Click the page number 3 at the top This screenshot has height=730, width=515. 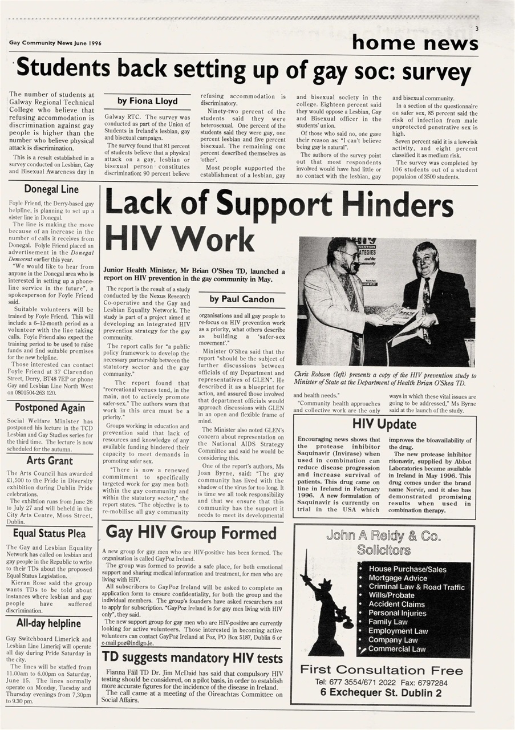pos(476,29)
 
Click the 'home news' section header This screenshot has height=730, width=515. pos(415,42)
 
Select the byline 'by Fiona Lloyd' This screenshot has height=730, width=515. pos(147,101)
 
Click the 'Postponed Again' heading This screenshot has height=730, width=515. pos(50,407)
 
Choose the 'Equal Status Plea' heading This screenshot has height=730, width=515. pos(50,534)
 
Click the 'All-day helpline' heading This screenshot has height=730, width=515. pos(50,623)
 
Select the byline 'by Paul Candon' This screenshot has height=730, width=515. pos(242,299)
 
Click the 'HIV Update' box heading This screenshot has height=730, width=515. pos(384,424)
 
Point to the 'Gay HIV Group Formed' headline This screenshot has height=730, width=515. pos(191,533)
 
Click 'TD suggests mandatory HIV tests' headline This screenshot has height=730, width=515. pos(192,658)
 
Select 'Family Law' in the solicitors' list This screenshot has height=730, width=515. pos(388,622)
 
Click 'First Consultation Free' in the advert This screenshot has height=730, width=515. pos(382,670)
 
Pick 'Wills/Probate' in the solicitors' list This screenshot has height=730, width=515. pos(391,595)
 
